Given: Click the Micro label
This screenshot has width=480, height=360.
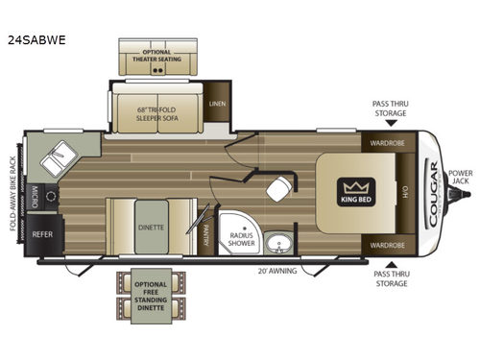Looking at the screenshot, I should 36,198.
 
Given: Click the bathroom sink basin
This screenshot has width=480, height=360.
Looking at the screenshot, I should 279,241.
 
